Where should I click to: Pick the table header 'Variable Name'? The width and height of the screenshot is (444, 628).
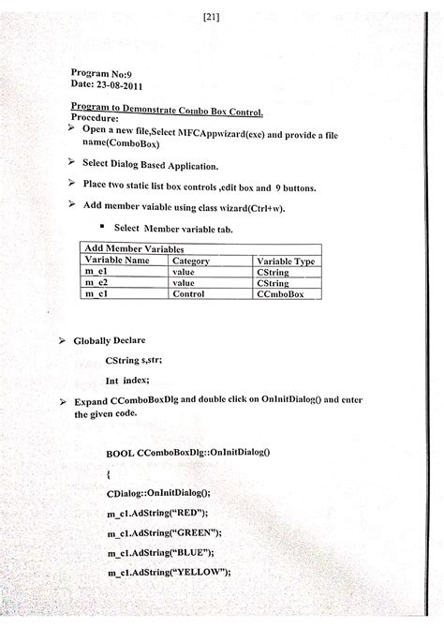click(x=117, y=261)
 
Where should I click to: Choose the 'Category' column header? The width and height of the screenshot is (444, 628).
click(x=191, y=261)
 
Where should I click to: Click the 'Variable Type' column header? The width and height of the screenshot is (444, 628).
click(x=286, y=262)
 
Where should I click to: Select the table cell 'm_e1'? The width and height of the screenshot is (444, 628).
click(x=98, y=272)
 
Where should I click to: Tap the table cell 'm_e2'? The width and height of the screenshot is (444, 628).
click(x=98, y=282)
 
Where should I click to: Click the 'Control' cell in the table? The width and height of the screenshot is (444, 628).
click(x=189, y=293)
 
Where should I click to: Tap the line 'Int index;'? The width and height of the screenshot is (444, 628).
click(x=127, y=381)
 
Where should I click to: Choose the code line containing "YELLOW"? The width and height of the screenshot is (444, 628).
click(x=169, y=573)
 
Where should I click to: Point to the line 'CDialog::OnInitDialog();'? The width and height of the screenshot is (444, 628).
click(x=160, y=491)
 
